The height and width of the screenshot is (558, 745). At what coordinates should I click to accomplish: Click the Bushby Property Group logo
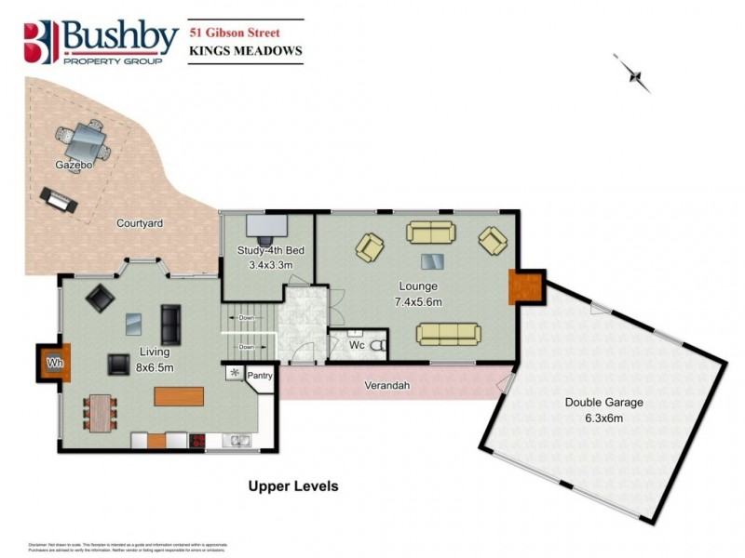click(x=101, y=42)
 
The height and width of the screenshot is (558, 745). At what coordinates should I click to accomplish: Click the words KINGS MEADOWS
click(x=245, y=52)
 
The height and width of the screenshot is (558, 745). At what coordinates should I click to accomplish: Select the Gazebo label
click(x=71, y=165)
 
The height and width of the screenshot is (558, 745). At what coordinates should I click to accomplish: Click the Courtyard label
click(x=140, y=224)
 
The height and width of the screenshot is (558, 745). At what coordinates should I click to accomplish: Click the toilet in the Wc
click(x=378, y=346)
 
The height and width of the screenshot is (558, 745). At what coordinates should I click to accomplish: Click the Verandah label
click(x=387, y=385)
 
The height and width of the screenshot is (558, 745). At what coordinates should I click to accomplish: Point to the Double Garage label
click(x=604, y=403)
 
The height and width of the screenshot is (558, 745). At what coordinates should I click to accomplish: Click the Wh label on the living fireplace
click(x=54, y=363)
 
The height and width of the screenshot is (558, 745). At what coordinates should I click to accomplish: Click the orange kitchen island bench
click(x=179, y=396)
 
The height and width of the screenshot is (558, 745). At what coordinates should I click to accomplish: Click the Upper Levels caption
click(x=292, y=485)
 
